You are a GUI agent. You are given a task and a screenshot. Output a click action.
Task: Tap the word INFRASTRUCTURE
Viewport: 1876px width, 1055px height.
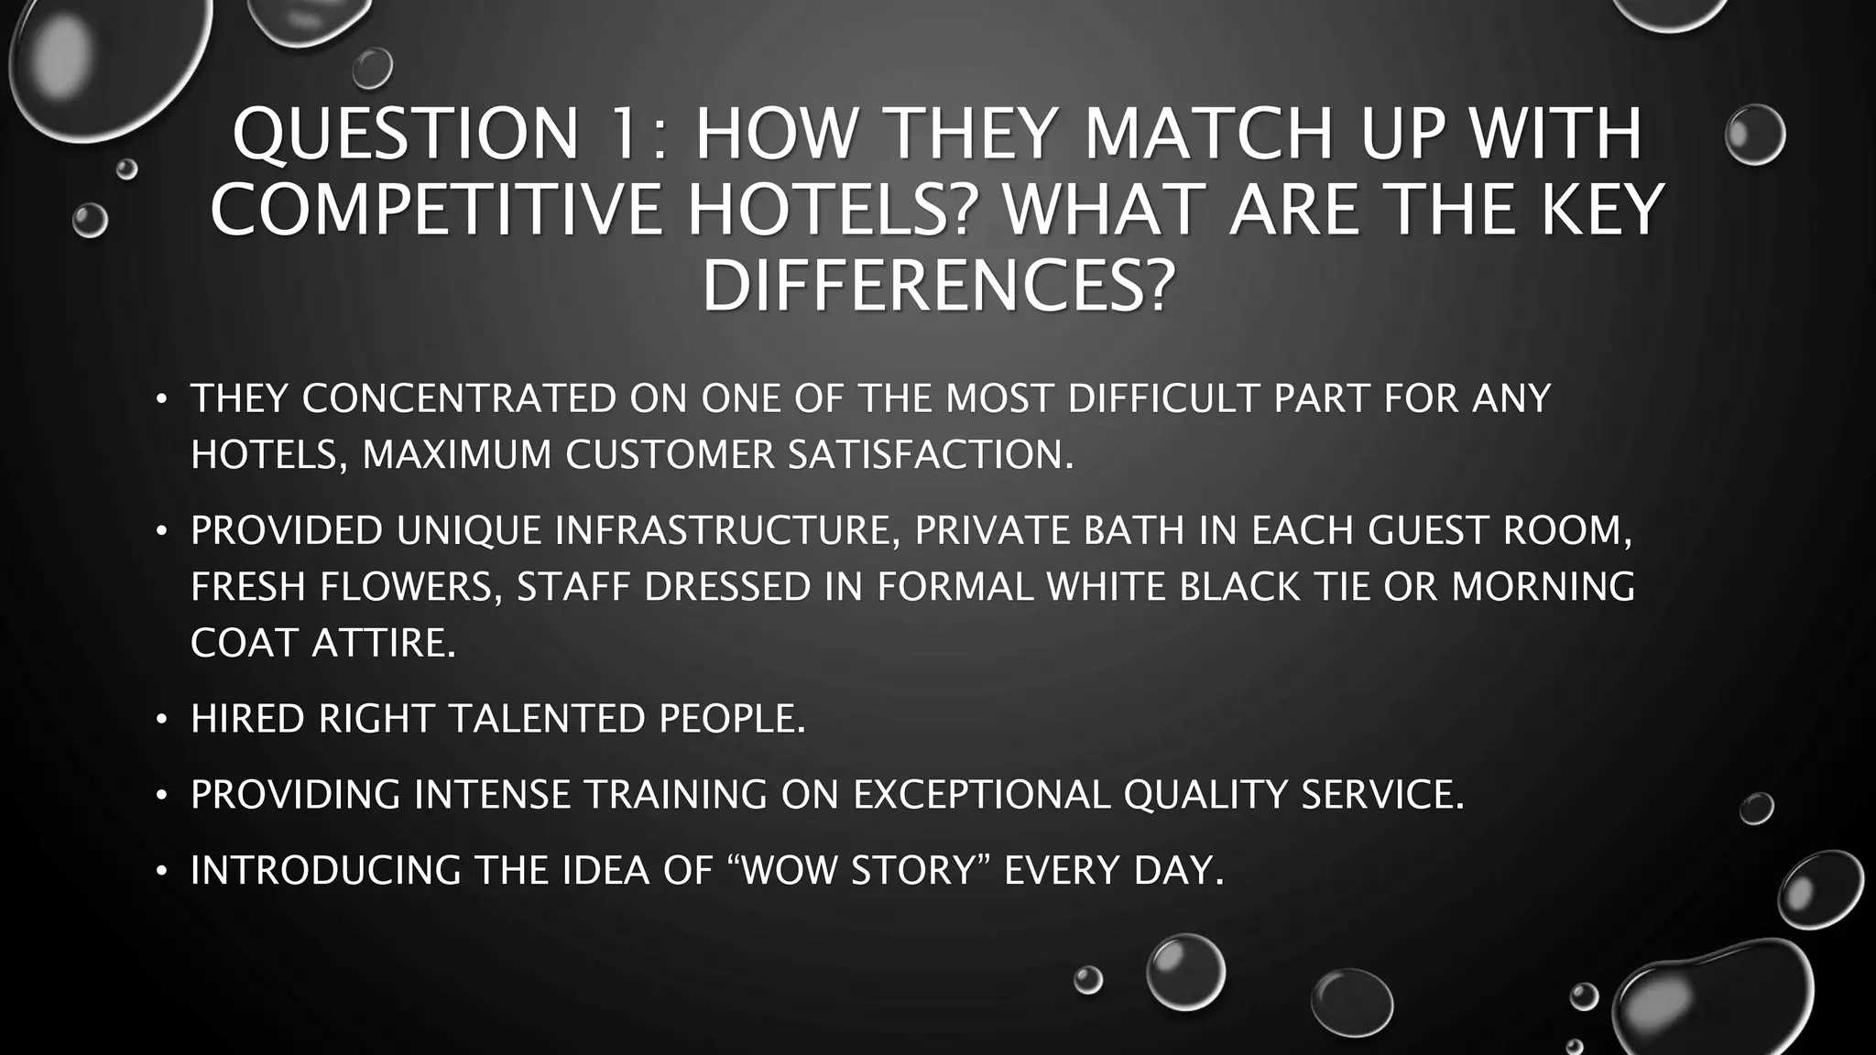point(726,530)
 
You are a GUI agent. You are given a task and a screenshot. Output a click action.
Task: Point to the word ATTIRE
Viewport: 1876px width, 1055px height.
point(383,643)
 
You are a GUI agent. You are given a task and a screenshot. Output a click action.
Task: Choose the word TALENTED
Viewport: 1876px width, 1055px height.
point(546,719)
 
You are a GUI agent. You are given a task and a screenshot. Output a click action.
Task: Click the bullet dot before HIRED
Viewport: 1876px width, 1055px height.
point(161,720)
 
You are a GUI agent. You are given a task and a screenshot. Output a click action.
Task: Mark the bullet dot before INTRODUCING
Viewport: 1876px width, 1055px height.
point(161,871)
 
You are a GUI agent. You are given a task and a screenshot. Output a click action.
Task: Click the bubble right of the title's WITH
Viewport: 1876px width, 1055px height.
point(1754,135)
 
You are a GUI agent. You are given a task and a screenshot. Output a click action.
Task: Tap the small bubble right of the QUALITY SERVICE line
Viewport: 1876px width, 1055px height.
point(1756,808)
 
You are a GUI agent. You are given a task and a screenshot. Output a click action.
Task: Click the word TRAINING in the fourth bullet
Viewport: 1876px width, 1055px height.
point(676,794)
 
